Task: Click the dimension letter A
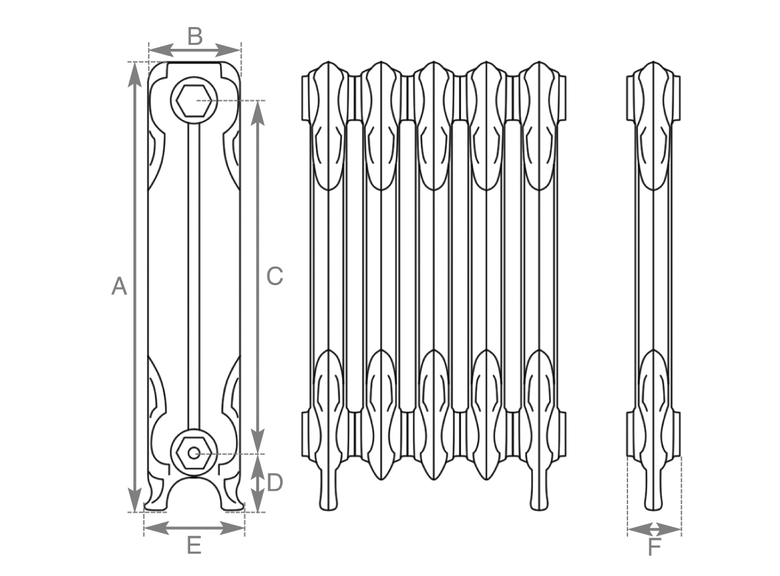coord(119,286)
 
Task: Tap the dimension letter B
coord(195,36)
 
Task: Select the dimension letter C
coord(275,276)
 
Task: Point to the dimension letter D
coord(275,482)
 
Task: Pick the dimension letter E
coord(194,545)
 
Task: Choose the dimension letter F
coord(654,548)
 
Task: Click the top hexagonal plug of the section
coord(194,100)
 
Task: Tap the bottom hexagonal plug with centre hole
coord(194,453)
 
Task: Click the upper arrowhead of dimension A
coord(134,75)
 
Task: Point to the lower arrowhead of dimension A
coord(134,499)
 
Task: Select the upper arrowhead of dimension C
coord(257,113)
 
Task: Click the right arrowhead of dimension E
coord(232,528)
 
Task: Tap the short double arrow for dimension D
coord(257,482)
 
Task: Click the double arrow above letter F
coord(654,530)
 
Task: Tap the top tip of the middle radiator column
coord(433,62)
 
